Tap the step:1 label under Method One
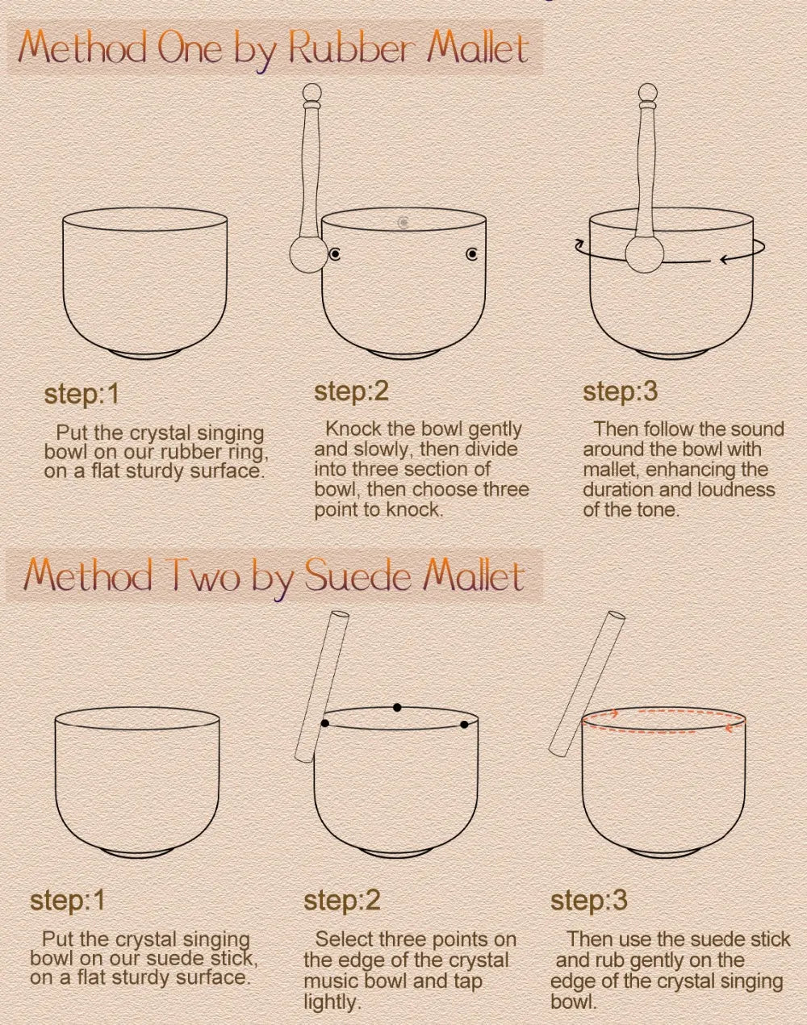point(81,395)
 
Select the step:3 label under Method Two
point(589,901)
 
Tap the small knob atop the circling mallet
point(647,92)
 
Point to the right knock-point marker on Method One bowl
point(471,254)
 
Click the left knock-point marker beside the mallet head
point(335,254)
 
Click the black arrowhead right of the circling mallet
point(725,260)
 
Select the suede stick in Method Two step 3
point(587,684)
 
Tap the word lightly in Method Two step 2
point(330,1002)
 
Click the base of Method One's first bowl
point(144,355)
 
